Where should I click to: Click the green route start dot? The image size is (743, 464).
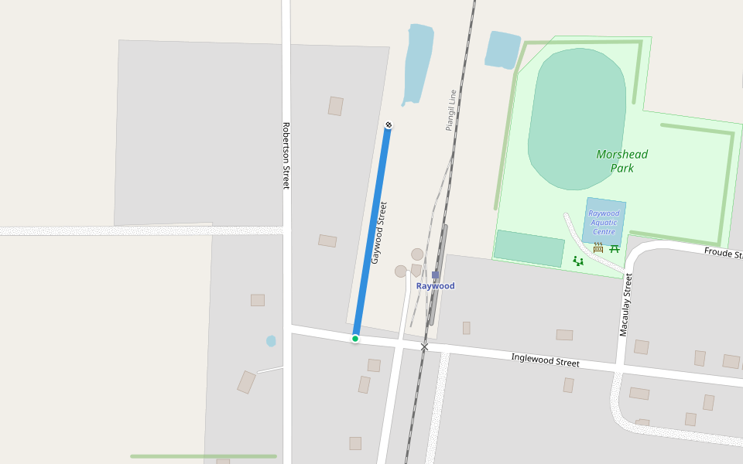355,339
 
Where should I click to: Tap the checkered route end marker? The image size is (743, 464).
389,125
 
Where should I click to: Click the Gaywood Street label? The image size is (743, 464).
378,233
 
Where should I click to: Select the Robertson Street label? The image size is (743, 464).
286,155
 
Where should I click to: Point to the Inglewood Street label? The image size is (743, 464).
545,360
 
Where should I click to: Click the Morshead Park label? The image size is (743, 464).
621,161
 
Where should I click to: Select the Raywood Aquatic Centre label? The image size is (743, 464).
604,223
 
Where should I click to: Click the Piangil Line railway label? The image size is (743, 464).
450,110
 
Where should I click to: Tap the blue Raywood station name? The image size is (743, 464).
436,286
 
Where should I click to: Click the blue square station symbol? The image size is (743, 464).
436,275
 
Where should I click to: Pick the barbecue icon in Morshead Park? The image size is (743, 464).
598,248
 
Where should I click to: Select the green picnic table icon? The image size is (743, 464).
615,248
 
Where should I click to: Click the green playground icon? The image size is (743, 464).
578,261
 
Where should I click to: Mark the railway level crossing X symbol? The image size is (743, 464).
424,346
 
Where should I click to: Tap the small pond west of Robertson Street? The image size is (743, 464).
271,341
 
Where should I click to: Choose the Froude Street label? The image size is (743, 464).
723,254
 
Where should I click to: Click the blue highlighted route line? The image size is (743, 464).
372,232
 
